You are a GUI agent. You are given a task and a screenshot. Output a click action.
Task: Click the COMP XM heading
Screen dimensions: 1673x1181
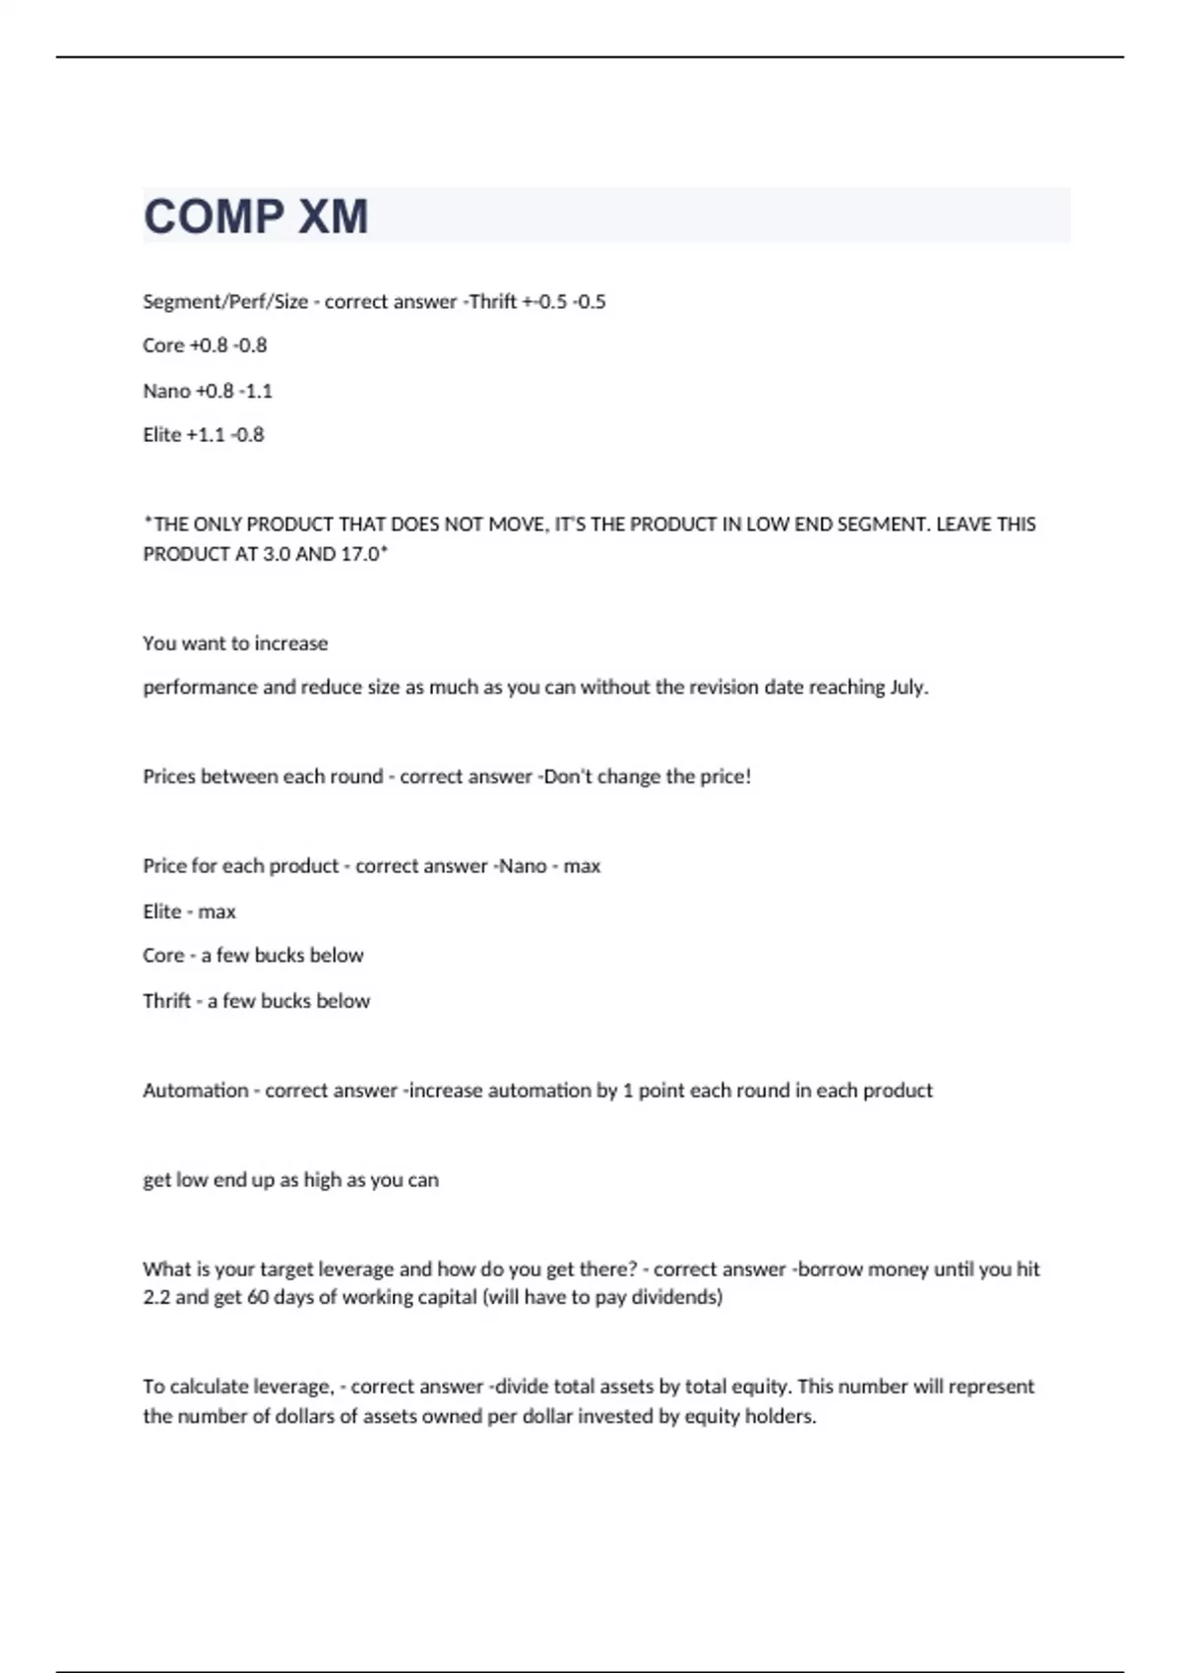256,217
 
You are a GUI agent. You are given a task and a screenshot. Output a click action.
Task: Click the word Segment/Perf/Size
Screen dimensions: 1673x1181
225,302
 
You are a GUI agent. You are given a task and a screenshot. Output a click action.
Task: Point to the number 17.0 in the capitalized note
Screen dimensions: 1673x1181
361,554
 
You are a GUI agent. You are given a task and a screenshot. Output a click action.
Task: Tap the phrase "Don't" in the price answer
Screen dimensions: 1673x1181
567,776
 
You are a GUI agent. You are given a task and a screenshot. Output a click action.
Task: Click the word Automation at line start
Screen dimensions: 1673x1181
195,1090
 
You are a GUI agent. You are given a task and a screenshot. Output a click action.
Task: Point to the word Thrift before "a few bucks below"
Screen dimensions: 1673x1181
166,1001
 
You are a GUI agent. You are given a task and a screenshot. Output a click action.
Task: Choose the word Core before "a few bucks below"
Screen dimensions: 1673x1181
163,956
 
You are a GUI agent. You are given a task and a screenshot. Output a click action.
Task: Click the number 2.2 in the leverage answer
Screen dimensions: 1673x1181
156,1297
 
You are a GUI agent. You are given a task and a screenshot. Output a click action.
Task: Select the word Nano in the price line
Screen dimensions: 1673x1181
523,866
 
